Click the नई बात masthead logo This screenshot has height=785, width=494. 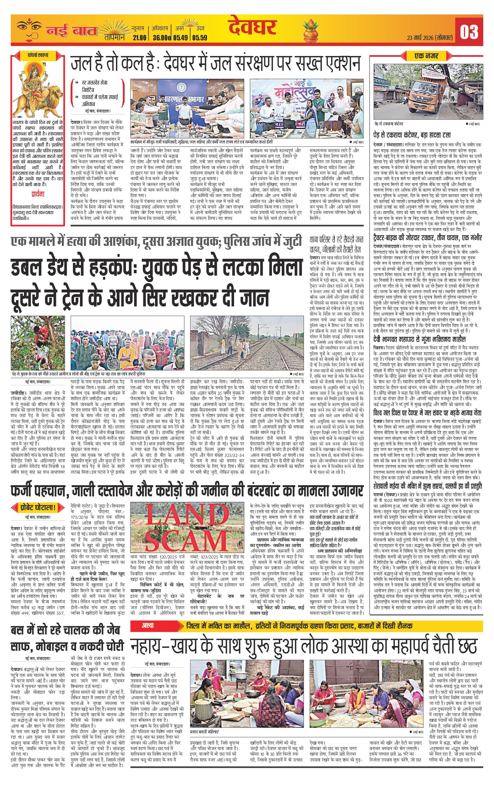[72, 32]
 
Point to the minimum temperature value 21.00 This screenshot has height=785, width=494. [139, 38]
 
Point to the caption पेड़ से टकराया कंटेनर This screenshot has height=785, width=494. [389, 124]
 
